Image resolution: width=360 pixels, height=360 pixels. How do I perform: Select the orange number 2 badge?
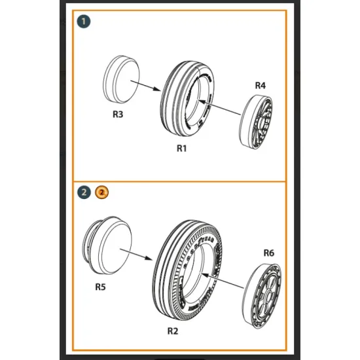coord(101,192)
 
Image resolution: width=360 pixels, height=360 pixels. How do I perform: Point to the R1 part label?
coord(182,148)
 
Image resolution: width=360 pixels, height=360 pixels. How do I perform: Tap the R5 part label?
coord(100,285)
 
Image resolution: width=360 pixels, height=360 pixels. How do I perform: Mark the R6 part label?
coord(268,253)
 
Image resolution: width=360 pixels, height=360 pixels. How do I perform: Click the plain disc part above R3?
coord(120,79)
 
